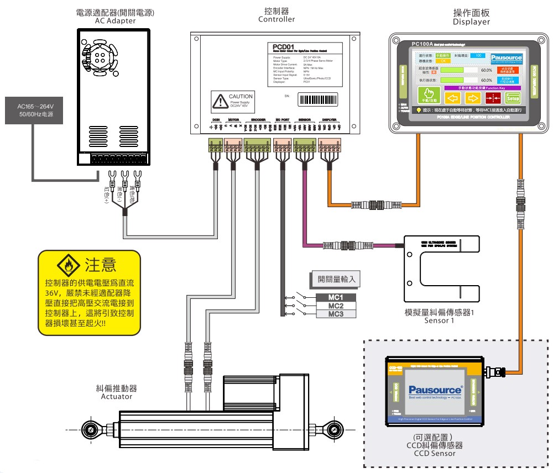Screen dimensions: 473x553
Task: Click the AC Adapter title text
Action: pos(115,21)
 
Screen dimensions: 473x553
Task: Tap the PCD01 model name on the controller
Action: pos(285,46)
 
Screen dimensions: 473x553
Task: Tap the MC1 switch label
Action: pos(336,298)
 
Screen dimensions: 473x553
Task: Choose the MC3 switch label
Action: pos(336,314)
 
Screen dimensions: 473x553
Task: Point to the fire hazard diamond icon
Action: pos(69,265)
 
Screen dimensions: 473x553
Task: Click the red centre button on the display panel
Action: pos(493,98)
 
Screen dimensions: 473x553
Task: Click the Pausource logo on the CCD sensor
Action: pos(435,390)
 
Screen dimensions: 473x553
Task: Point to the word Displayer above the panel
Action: pos(471,22)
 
